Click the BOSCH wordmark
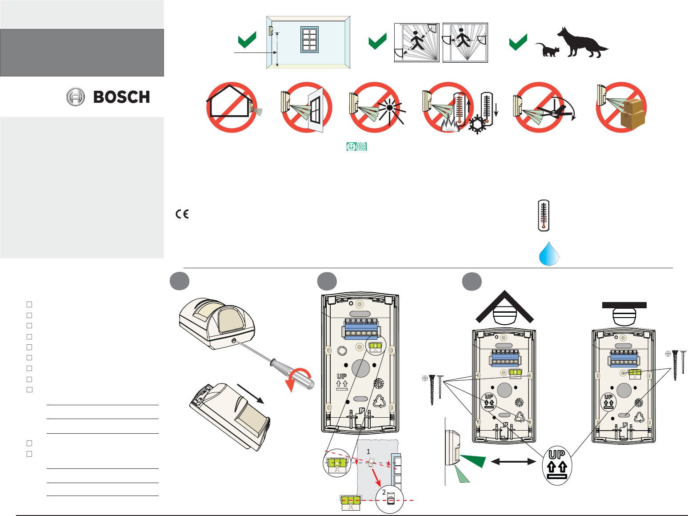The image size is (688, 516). point(121,97)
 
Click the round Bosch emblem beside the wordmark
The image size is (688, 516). point(76,97)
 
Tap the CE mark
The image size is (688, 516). point(182,214)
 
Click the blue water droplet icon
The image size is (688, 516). point(549,254)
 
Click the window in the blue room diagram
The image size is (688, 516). point(309,40)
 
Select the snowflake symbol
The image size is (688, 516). point(477,124)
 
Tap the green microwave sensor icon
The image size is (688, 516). point(356,147)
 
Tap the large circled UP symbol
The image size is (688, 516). point(557,465)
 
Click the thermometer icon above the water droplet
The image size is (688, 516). point(544,215)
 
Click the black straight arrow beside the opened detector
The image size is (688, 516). point(251,393)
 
